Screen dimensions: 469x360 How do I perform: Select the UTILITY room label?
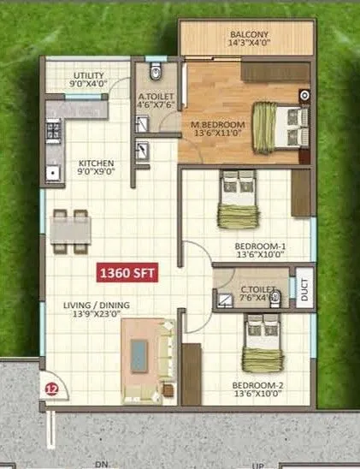(89, 75)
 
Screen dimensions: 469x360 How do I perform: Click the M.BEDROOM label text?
(218, 124)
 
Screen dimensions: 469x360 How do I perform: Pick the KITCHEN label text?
(97, 163)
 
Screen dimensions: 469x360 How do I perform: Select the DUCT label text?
(305, 292)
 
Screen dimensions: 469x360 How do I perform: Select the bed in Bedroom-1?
(237, 199)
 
